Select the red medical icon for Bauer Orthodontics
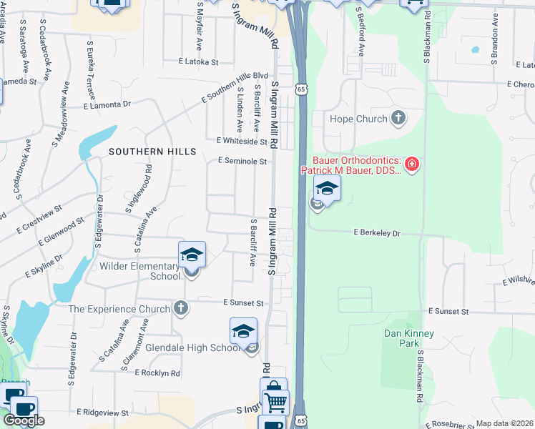[411, 166]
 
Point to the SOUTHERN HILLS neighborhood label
[152, 152]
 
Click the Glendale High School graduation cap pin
[243, 332]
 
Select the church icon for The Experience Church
[182, 309]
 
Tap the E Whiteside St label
[242, 142]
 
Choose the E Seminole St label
[242, 162]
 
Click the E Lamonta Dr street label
[107, 104]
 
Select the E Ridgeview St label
[104, 413]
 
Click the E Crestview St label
[39, 222]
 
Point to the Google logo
[24, 420]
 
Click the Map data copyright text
[505, 423]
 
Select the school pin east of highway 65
[327, 189]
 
